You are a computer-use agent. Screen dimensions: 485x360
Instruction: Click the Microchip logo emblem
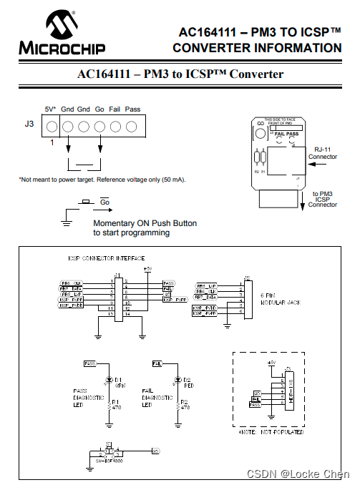[x=63, y=26]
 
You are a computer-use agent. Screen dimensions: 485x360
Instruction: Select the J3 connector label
[x=29, y=124]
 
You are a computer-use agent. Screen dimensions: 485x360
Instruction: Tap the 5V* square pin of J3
[x=52, y=127]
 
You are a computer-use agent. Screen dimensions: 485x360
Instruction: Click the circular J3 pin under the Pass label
[x=132, y=127]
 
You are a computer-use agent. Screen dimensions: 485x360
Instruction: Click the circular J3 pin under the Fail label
[x=115, y=127]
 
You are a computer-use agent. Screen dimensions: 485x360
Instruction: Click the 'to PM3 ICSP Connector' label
[x=322, y=199]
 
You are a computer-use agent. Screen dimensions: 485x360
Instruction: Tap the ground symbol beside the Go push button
[x=66, y=222]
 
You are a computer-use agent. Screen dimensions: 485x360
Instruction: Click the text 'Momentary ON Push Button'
[x=145, y=223]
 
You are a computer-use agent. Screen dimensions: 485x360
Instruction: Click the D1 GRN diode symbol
[x=109, y=379]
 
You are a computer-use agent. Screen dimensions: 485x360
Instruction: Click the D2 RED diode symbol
[x=176, y=379]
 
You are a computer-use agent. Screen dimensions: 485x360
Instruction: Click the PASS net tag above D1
[x=90, y=363]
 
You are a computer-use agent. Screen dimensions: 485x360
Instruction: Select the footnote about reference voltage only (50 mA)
[x=102, y=179]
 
